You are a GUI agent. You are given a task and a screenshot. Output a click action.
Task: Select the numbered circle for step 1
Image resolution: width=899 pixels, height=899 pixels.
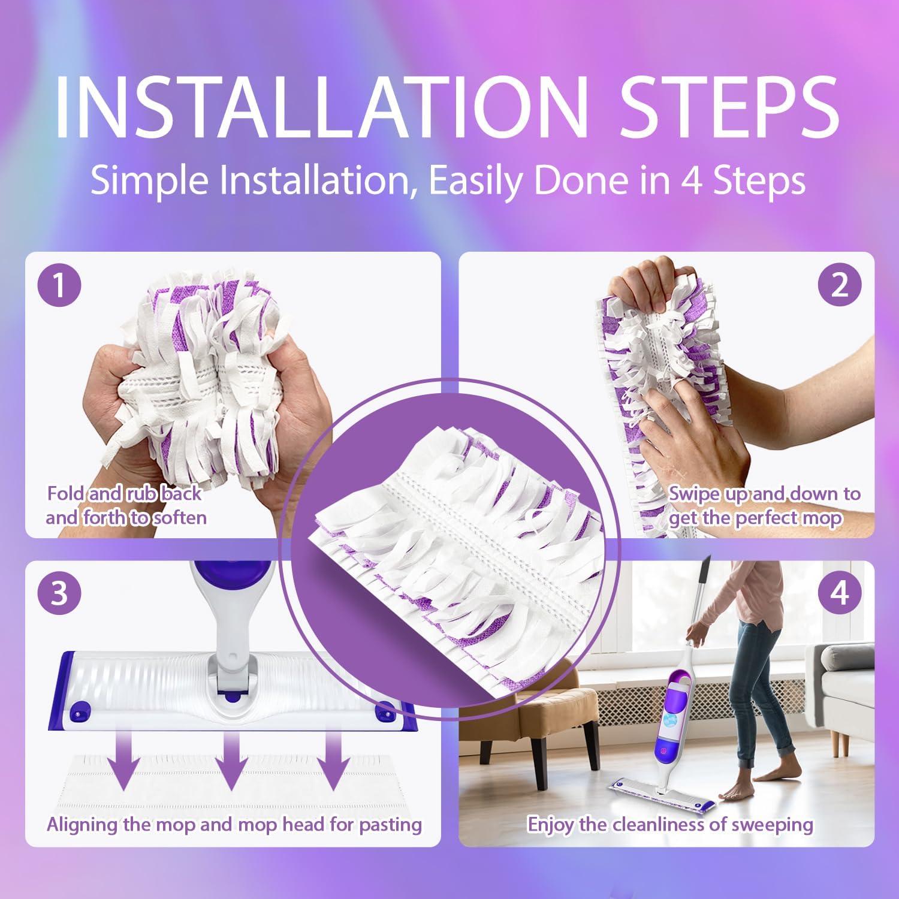click(59, 286)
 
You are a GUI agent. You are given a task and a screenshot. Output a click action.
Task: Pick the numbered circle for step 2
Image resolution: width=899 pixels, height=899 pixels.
click(840, 285)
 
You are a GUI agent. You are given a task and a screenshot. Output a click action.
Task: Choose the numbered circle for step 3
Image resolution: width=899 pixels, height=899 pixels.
click(59, 594)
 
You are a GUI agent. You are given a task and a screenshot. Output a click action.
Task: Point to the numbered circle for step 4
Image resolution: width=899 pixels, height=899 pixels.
click(840, 594)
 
